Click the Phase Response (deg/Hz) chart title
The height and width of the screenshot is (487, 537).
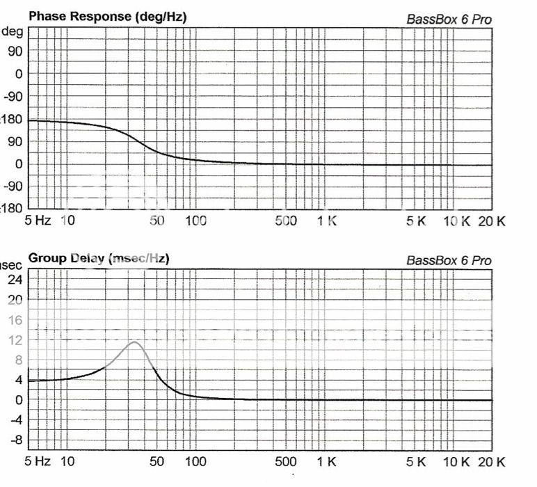107,15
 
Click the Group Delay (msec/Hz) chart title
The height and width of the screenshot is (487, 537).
98,258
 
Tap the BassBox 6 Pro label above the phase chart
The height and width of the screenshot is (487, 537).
449,19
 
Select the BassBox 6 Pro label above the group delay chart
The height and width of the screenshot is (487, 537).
449,261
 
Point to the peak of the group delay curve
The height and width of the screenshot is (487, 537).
134,342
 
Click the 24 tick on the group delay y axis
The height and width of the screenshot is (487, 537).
15,280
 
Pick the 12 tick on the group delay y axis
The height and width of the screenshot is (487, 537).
15,340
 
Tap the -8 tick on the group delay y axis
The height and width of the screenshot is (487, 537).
14,440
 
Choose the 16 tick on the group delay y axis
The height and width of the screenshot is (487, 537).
15,320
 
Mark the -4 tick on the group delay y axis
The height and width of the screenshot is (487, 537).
14,420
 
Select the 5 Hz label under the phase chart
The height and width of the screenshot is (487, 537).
38,221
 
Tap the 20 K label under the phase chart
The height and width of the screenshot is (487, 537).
492,221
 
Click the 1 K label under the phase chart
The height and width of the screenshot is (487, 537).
326,221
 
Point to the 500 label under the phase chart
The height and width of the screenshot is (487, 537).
286,221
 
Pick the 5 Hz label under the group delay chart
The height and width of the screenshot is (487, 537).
38,462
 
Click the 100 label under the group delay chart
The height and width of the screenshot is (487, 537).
195,462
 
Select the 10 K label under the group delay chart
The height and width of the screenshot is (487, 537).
457,462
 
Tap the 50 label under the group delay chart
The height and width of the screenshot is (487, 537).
157,462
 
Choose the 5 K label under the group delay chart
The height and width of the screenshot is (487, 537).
417,462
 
